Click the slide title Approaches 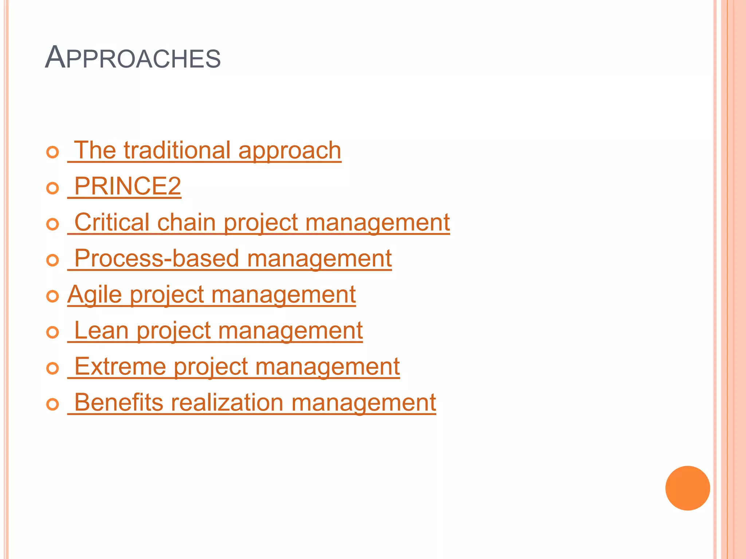(x=133, y=58)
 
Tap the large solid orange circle (x=687, y=488)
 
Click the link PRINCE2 (x=127, y=186)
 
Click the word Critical (x=112, y=222)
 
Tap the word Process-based (x=157, y=258)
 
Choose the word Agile (x=95, y=294)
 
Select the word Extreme (x=120, y=366)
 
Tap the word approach (x=290, y=151)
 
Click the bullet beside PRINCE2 (x=53, y=188)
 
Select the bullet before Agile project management (x=53, y=296)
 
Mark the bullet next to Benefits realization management (x=53, y=404)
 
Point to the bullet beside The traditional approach (x=53, y=152)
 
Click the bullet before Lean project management (x=53, y=332)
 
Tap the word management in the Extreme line (x=327, y=367)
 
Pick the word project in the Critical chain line (x=260, y=223)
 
